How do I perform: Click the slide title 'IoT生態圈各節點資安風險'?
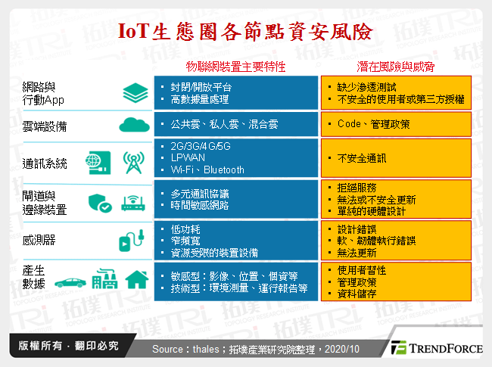(x=245, y=31)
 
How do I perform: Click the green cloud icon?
(x=133, y=123)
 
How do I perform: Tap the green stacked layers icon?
(x=133, y=93)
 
